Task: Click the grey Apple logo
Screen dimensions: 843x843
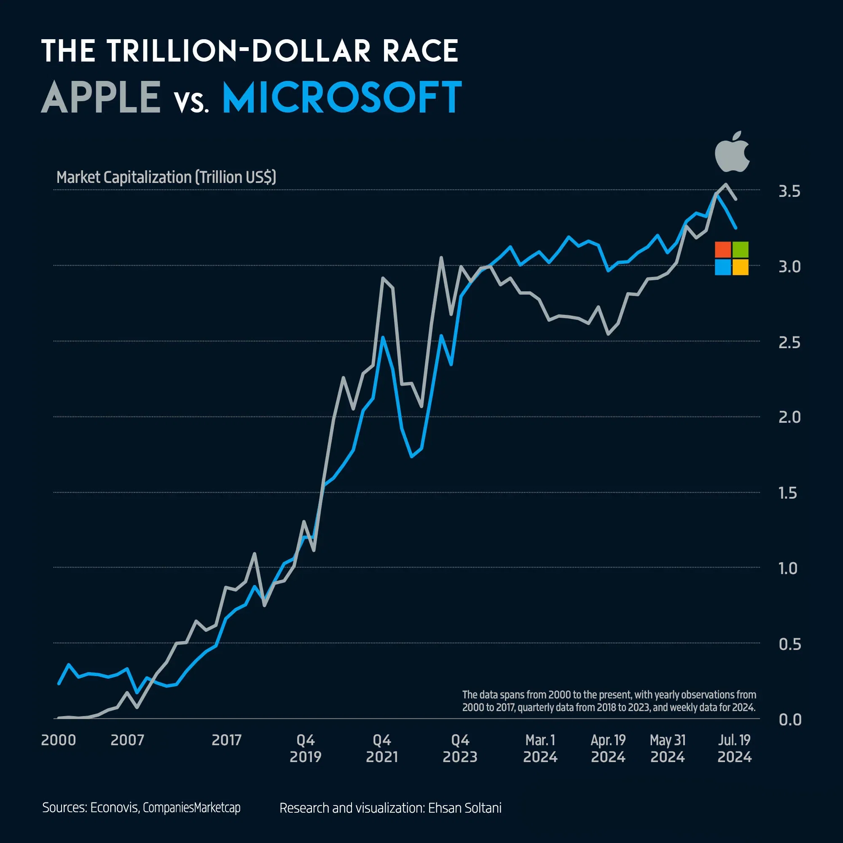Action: (732, 151)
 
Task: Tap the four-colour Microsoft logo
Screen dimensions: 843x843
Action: (731, 258)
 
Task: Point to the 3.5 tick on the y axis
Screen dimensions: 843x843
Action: (789, 191)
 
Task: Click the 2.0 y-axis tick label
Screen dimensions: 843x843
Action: (789, 417)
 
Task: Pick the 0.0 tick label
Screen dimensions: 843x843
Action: (790, 720)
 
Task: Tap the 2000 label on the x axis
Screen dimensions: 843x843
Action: (59, 740)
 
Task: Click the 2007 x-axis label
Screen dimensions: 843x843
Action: (127, 740)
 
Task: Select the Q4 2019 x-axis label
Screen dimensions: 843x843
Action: (306, 748)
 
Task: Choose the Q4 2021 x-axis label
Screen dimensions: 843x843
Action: (382, 748)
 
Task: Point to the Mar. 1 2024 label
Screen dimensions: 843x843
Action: (540, 748)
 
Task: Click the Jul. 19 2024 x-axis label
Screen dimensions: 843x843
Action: (734, 748)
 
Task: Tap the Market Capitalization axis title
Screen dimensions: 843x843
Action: (166, 177)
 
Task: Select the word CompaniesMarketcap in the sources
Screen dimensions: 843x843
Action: (191, 808)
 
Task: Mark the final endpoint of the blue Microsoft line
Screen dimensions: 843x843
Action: (736, 228)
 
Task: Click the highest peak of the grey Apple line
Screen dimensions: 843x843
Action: (726, 184)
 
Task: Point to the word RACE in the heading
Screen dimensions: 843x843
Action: (420, 51)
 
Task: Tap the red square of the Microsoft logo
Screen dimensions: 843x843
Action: (722, 250)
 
